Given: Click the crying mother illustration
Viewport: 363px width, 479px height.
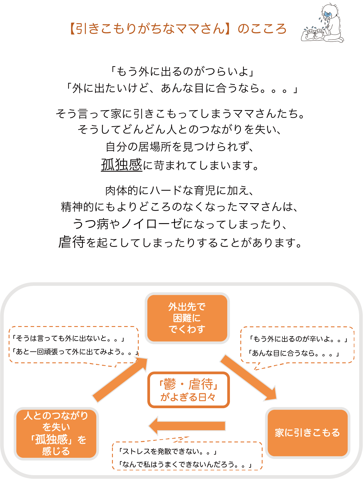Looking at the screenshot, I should (323, 24).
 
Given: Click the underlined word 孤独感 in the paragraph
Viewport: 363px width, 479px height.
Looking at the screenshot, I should (121, 165).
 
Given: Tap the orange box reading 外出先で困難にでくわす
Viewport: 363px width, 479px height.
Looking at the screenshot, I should (187, 318).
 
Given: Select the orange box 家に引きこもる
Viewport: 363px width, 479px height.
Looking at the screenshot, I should (307, 433).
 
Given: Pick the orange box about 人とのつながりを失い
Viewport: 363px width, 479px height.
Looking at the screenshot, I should (56, 433).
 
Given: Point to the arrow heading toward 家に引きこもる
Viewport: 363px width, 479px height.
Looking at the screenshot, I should (248, 377).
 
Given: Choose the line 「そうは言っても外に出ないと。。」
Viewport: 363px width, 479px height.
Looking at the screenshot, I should (68, 338).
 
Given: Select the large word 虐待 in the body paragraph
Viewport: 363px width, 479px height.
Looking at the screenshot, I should (72, 242).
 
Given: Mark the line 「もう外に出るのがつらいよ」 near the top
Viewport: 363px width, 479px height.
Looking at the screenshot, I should (181, 71).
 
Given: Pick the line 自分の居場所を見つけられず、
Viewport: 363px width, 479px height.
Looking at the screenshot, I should (180, 147).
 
